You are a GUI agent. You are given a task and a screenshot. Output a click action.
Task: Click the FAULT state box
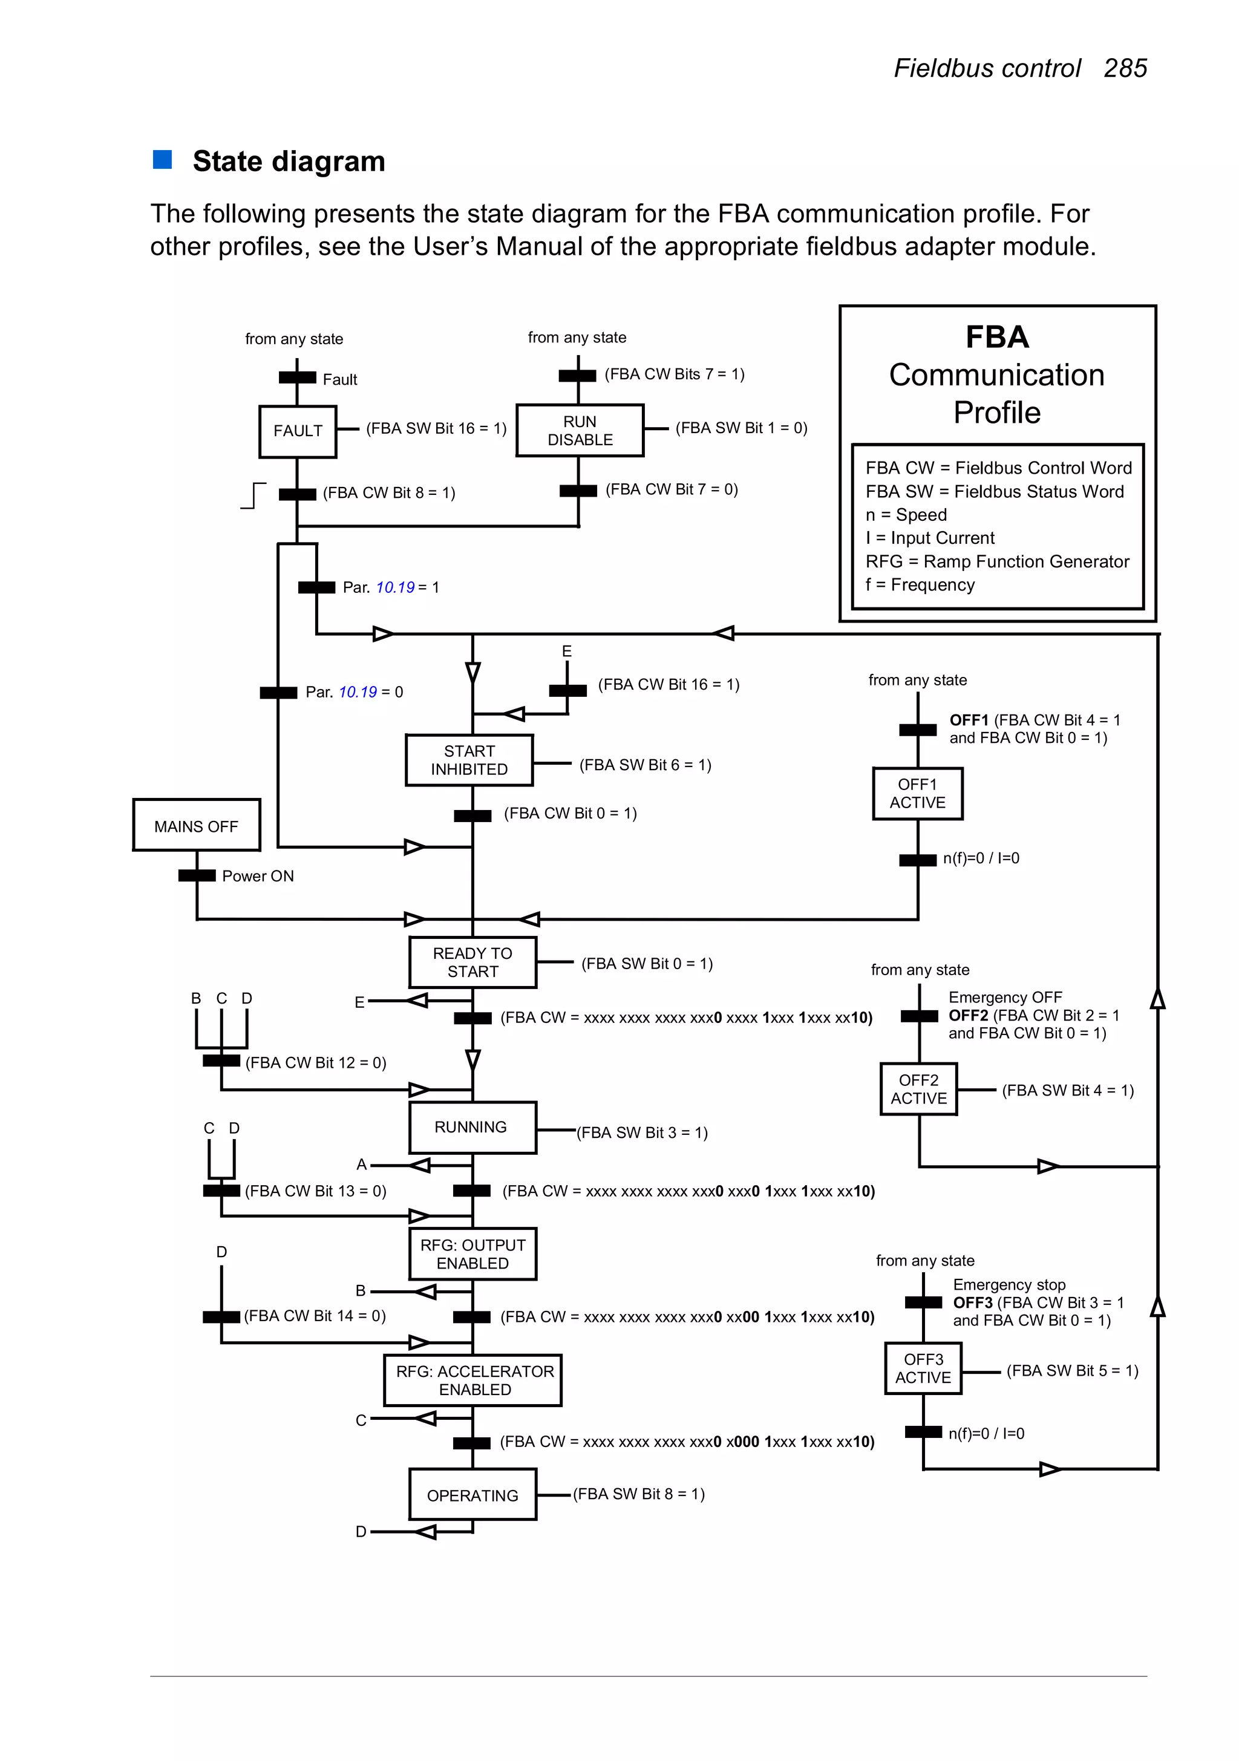(298, 431)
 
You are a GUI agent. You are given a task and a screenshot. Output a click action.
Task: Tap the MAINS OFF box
(197, 826)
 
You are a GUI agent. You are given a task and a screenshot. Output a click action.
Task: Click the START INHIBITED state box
(469, 760)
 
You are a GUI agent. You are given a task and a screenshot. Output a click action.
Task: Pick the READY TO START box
(472, 962)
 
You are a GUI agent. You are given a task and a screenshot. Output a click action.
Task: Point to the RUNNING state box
(471, 1126)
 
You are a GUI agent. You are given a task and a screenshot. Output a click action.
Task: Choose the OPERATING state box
(472, 1495)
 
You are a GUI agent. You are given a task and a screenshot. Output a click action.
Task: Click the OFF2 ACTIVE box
(918, 1089)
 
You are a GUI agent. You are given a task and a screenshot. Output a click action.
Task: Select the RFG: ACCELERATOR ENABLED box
(474, 1380)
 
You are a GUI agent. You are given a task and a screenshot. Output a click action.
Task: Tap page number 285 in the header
(1125, 68)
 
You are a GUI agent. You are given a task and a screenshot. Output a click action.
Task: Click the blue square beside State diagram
(163, 160)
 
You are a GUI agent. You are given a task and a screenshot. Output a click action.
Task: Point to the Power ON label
(258, 876)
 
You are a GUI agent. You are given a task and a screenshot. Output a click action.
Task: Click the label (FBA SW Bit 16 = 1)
(436, 428)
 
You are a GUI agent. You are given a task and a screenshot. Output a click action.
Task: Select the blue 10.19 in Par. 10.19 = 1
(395, 587)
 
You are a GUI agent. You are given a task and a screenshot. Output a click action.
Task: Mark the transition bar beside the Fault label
(297, 377)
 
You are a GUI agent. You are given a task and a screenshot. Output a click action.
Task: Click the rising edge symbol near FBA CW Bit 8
(253, 495)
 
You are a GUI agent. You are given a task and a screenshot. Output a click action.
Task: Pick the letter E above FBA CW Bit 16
(566, 651)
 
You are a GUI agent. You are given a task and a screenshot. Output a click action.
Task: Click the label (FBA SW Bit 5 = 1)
(1072, 1371)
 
